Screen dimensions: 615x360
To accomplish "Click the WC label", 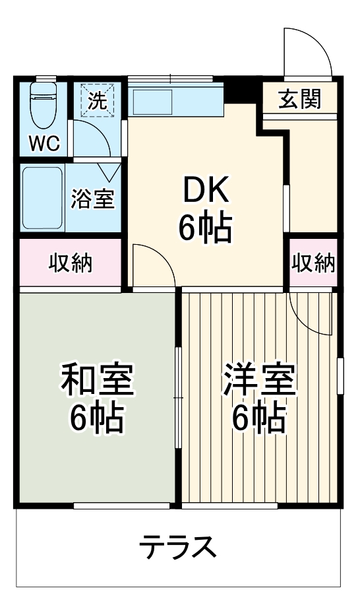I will [44, 143].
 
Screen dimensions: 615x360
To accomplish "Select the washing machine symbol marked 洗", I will [97, 100].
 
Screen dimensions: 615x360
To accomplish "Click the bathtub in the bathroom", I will [43, 197].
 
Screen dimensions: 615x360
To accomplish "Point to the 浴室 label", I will [94, 199].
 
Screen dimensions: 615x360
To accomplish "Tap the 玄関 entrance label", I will [299, 100].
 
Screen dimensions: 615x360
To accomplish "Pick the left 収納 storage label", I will [71, 263].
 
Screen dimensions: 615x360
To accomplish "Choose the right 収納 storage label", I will [314, 263].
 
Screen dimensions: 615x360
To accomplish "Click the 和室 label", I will [98, 381].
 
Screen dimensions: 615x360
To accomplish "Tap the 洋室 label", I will [259, 381].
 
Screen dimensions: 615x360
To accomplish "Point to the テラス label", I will [177, 546].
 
